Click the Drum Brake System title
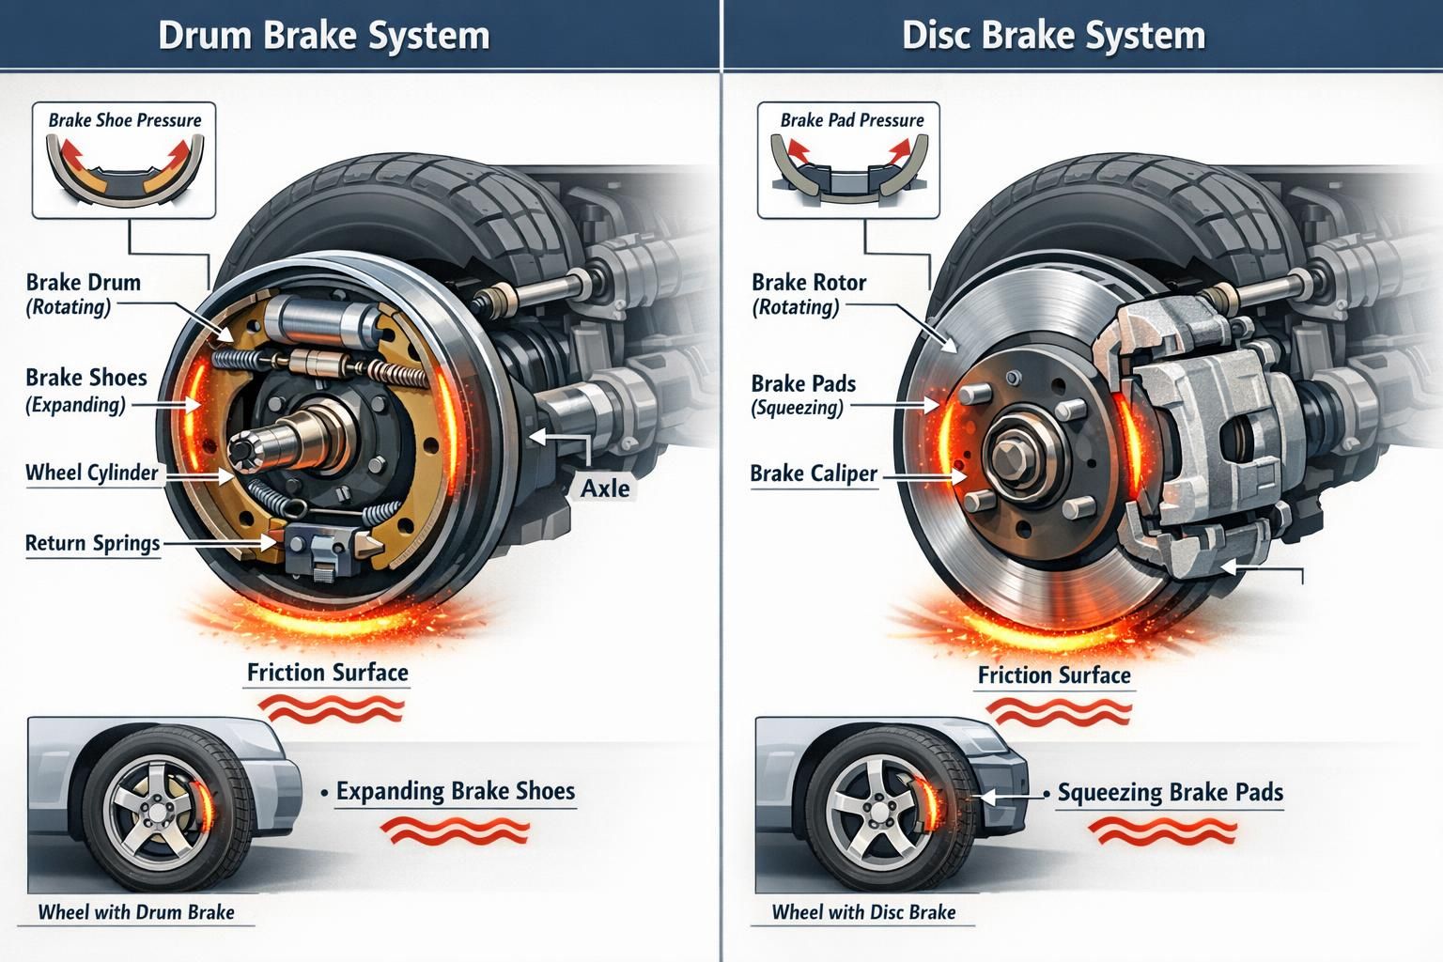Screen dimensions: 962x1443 323,36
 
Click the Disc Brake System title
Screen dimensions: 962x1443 1053,36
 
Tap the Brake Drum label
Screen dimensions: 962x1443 83,283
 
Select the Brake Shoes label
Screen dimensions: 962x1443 85,378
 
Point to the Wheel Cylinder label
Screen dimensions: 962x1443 91,473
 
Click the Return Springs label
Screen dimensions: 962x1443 92,543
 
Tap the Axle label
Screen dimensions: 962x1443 605,489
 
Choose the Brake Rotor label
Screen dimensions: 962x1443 808,283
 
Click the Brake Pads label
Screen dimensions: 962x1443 803,384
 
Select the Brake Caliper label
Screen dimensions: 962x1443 813,474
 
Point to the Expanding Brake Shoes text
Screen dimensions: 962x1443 455,791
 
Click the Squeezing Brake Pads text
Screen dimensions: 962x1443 1170,793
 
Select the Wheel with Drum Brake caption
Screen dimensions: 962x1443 136,912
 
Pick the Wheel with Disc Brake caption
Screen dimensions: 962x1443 863,912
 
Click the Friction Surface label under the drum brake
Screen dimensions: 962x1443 327,673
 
